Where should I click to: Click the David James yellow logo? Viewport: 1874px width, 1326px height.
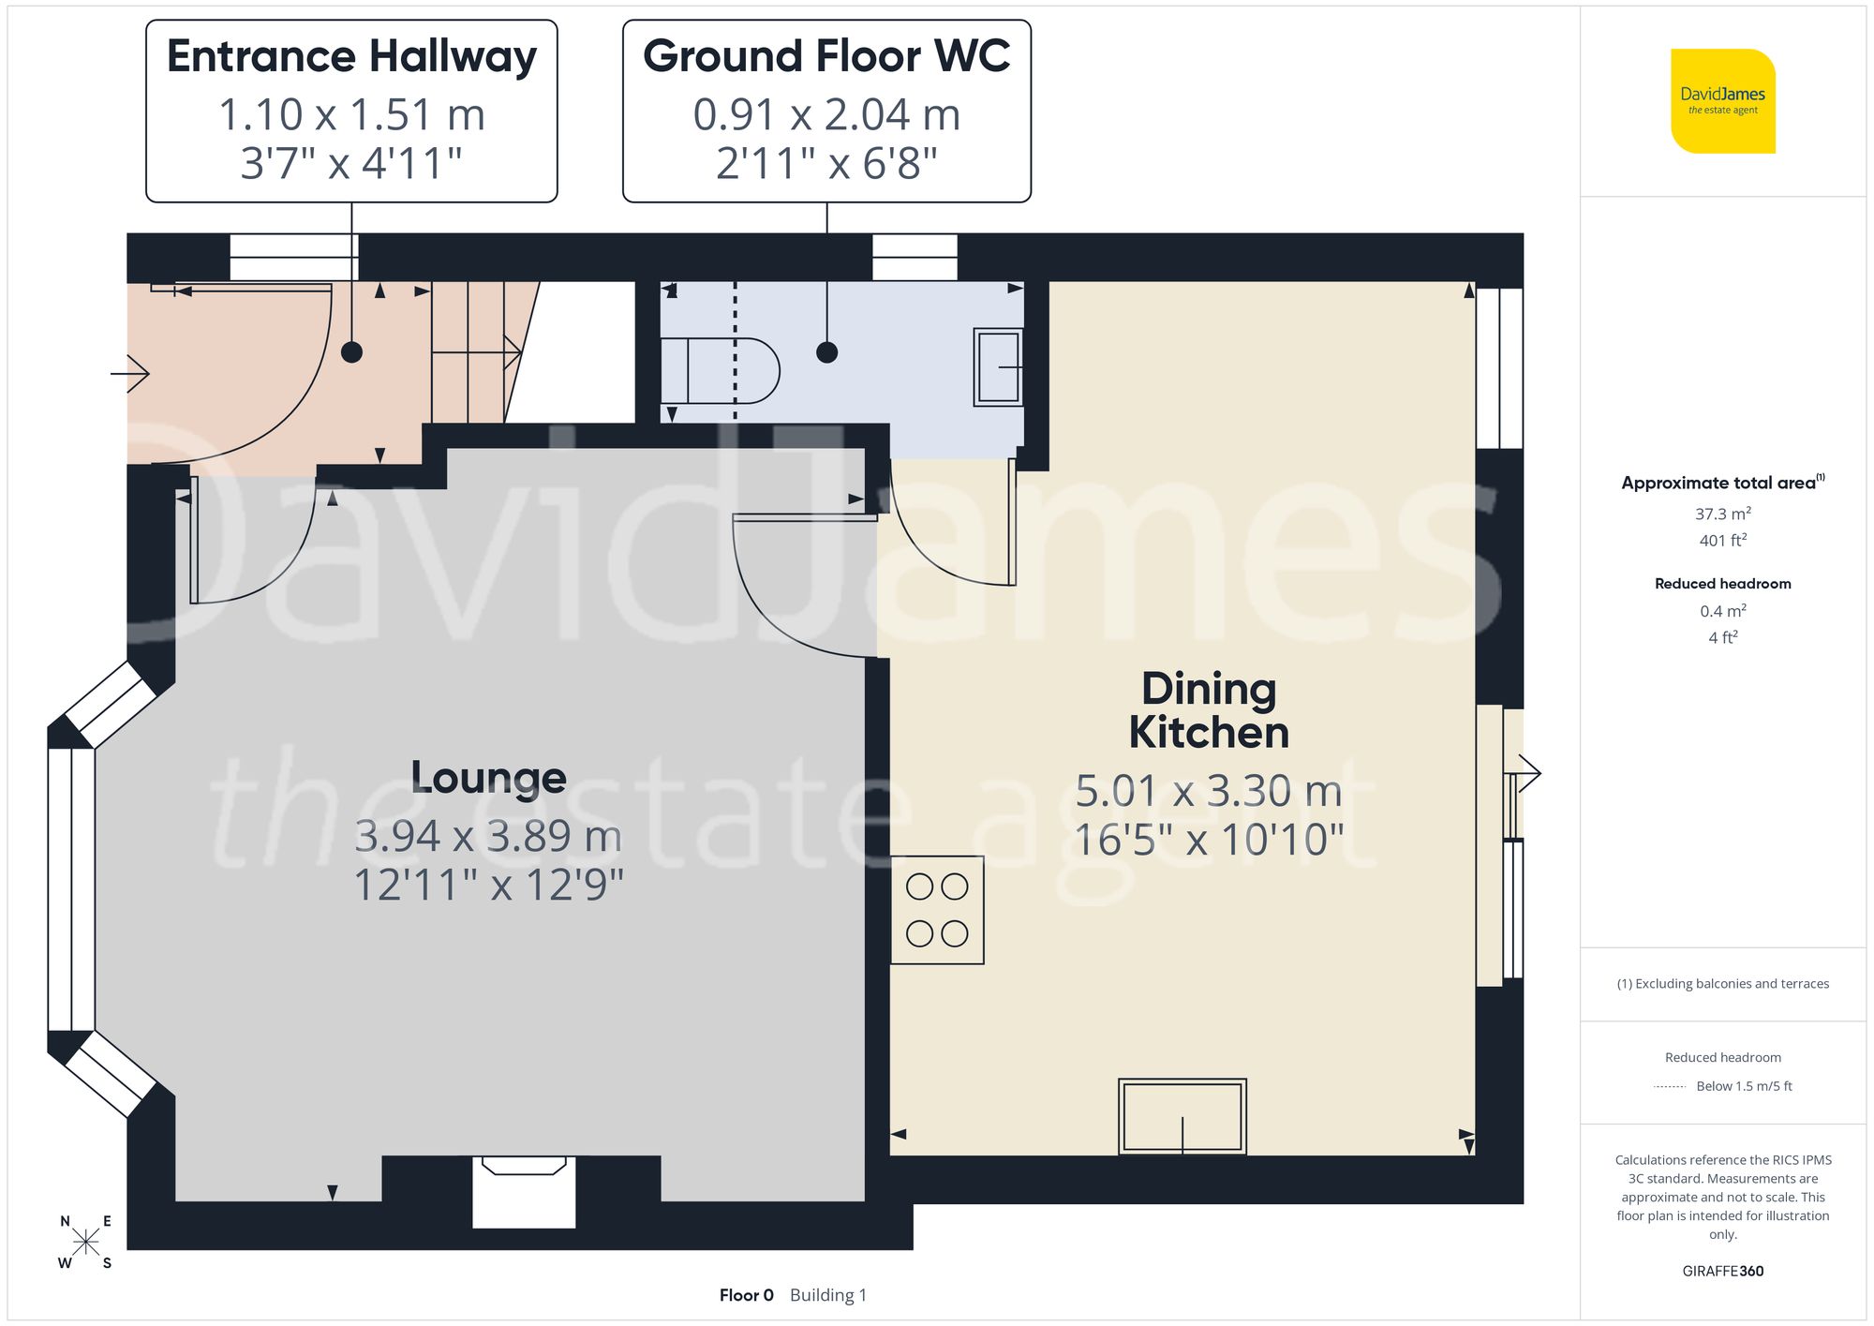point(1722,100)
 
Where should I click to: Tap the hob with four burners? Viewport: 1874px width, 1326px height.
point(937,910)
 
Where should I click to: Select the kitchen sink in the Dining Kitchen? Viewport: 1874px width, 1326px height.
point(1182,1116)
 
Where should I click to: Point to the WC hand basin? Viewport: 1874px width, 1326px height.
point(998,366)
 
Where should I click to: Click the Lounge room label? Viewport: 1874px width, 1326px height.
point(488,778)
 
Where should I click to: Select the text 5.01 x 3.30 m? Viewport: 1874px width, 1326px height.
point(1208,791)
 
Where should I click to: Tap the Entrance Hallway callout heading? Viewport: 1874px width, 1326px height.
point(351,56)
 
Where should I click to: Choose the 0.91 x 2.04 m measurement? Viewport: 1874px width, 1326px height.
point(826,115)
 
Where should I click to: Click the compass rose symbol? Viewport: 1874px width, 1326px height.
point(85,1243)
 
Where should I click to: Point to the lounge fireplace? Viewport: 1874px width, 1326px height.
point(524,1190)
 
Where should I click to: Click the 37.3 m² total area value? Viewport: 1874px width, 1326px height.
point(1722,514)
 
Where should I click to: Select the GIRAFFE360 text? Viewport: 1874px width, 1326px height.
point(1722,1272)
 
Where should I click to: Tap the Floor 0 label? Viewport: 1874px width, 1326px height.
point(746,1295)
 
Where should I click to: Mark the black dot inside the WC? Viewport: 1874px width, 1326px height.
point(826,352)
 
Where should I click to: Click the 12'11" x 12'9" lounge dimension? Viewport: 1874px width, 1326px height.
point(488,885)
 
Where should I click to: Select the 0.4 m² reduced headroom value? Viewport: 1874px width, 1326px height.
point(1722,611)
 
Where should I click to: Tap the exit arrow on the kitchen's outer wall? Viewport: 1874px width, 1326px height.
point(1527,774)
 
